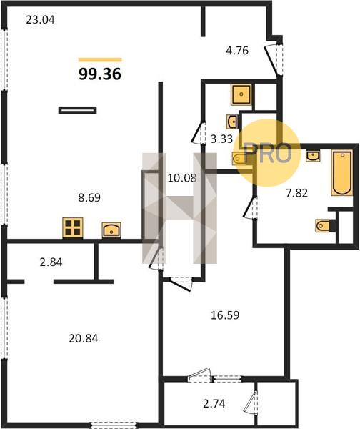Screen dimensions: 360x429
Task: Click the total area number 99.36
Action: click(x=100, y=74)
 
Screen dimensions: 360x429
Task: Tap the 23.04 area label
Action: click(x=40, y=20)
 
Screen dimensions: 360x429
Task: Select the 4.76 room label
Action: click(x=237, y=51)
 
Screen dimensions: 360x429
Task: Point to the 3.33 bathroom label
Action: click(x=221, y=139)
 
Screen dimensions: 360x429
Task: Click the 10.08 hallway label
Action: click(x=181, y=178)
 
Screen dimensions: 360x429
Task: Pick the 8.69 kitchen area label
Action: click(x=89, y=197)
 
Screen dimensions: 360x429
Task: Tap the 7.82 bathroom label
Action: click(x=296, y=193)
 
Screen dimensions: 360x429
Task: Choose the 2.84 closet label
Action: click(x=51, y=262)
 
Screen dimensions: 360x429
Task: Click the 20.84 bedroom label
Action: click(x=84, y=339)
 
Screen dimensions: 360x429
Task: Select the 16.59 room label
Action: click(x=225, y=315)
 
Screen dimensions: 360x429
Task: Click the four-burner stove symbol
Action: click(x=73, y=227)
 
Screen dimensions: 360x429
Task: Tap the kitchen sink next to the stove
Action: click(x=111, y=230)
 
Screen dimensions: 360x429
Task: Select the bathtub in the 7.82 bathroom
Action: click(x=341, y=172)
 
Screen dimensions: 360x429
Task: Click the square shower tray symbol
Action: click(x=241, y=94)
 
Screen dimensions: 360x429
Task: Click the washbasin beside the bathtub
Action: click(x=313, y=156)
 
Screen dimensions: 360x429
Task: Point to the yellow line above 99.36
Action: click(x=100, y=60)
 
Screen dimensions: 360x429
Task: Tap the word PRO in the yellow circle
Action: click(x=268, y=154)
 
